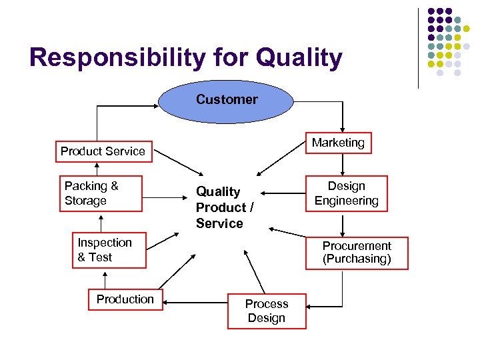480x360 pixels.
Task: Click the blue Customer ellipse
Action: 227,100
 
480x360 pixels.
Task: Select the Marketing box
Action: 338,143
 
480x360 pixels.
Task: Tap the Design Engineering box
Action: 346,193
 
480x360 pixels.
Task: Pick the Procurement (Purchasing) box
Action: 357,252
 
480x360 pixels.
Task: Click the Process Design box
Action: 267,311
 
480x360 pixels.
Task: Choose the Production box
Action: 125,299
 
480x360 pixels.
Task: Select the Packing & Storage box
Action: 101,193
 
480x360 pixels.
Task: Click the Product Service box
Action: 103,151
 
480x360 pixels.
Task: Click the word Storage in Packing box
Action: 86,201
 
